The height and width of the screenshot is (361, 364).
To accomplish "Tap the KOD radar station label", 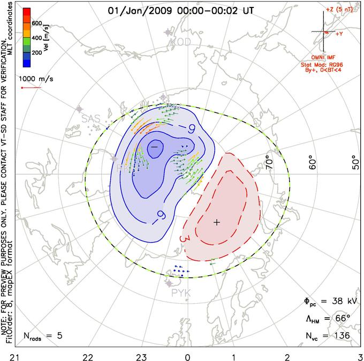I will [179, 42].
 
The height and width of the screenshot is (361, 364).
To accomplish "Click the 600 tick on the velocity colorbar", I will [36, 23].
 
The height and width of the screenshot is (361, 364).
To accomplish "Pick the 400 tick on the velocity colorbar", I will [36, 38].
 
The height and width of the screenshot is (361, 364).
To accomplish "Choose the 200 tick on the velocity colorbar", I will [36, 54].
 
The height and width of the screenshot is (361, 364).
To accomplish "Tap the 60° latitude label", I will [315, 162].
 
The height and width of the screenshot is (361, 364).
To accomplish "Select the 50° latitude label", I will [354, 162].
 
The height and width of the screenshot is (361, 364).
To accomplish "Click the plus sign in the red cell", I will [216, 222].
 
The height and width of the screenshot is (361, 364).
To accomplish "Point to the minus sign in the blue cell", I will [154, 146].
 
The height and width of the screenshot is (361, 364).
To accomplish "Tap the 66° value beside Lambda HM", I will [340, 319].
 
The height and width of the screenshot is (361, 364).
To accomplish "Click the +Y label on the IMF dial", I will [339, 34].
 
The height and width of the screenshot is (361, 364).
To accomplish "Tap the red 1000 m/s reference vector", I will [31, 88].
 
